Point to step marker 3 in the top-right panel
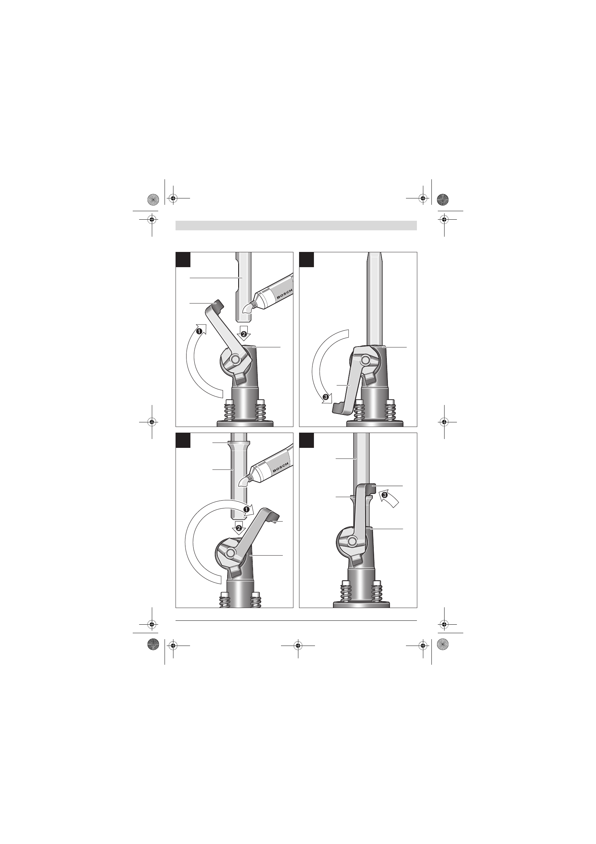pyautogui.click(x=325, y=396)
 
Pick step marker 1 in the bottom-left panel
pyautogui.click(x=246, y=509)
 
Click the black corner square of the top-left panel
pyautogui.click(x=183, y=259)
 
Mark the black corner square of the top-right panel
pyautogui.click(x=306, y=259)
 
